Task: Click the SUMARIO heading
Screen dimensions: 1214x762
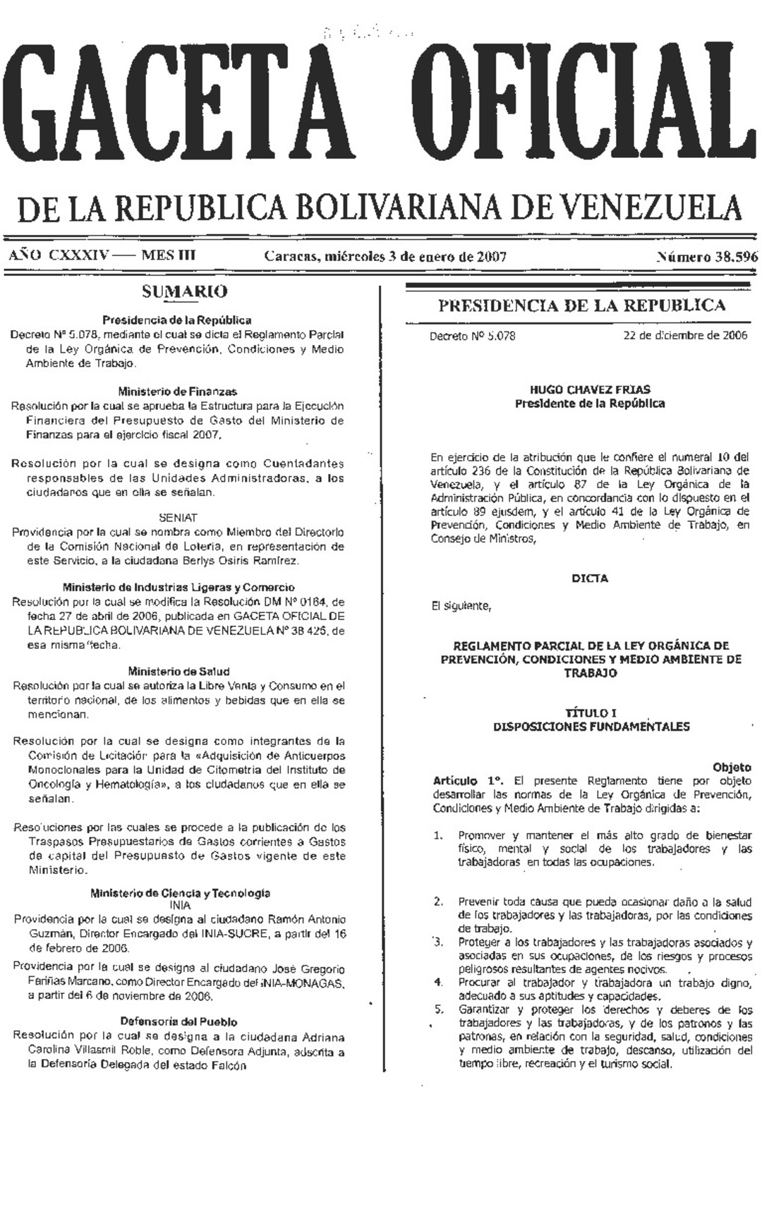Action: click(x=184, y=291)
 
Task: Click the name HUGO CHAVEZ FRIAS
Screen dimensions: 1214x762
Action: click(x=590, y=389)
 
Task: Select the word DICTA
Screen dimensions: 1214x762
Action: click(x=590, y=578)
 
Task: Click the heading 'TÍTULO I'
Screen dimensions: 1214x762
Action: click(x=590, y=713)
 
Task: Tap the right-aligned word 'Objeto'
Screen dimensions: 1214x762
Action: click(x=732, y=767)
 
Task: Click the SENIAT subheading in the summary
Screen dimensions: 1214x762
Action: click(x=177, y=518)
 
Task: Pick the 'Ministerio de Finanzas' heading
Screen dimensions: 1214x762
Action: click(x=177, y=391)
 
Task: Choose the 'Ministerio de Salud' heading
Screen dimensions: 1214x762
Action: click(x=179, y=671)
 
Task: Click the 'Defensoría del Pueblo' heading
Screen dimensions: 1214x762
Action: click(x=179, y=1021)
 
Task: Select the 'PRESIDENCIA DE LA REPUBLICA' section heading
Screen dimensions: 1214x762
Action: click(x=581, y=305)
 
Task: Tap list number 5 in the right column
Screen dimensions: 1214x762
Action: click(x=439, y=1009)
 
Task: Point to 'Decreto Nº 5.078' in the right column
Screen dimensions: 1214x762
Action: click(x=473, y=336)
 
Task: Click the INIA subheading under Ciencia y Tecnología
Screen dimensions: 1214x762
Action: click(x=180, y=905)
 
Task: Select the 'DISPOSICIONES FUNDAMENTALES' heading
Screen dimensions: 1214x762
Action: click(x=591, y=727)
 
